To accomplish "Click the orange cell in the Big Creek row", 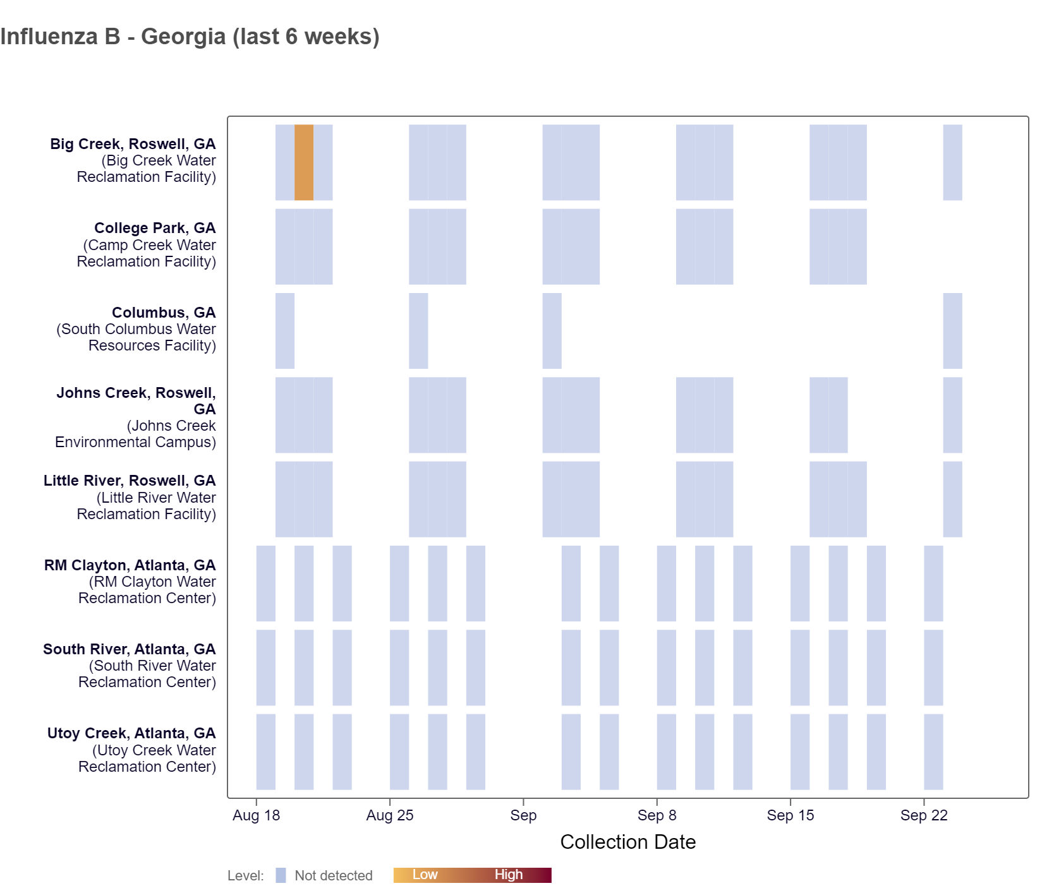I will tap(304, 162).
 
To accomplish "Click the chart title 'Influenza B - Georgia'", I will tap(190, 37).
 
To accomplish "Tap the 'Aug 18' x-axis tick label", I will tap(256, 815).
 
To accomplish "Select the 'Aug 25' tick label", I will tap(390, 815).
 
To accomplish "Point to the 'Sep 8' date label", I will tap(657, 815).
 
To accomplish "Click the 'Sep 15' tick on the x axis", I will tap(790, 815).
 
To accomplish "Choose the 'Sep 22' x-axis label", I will tap(924, 815).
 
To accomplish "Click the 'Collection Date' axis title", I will tap(627, 842).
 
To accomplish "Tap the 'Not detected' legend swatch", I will tap(281, 875).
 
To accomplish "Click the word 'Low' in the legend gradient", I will tap(425, 875).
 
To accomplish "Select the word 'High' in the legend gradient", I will tap(508, 875).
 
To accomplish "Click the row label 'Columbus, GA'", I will tap(164, 313).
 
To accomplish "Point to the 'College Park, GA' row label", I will tap(155, 228).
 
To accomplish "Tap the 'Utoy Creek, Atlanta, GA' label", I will tap(131, 733).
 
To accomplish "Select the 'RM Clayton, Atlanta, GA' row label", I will tap(130, 565).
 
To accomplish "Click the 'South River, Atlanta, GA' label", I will tap(130, 649).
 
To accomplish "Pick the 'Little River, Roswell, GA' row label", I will tap(130, 481).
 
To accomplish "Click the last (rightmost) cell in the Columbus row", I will tap(952, 331).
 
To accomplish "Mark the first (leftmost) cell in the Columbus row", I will tap(285, 331).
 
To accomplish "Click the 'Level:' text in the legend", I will tap(246, 876).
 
